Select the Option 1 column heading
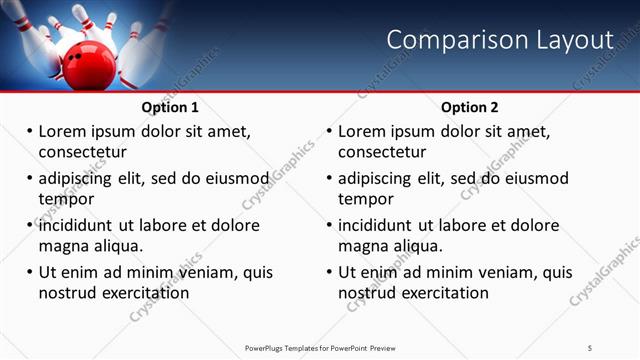pyautogui.click(x=170, y=107)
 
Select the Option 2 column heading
pyautogui.click(x=470, y=107)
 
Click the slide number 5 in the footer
pyautogui.click(x=590, y=347)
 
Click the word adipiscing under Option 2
pyautogui.click(x=381, y=179)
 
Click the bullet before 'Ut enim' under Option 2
pyautogui.click(x=328, y=272)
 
